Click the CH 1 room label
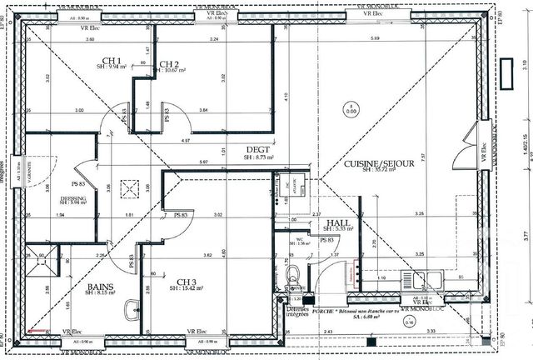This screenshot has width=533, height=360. [x=112, y=60]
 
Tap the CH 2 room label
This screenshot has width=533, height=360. [x=169, y=64]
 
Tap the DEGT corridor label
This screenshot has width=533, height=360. [x=254, y=151]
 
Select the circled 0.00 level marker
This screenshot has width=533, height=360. [x=351, y=106]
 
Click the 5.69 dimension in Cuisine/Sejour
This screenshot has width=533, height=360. [x=376, y=38]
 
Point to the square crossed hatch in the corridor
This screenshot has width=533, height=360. [x=128, y=187]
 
